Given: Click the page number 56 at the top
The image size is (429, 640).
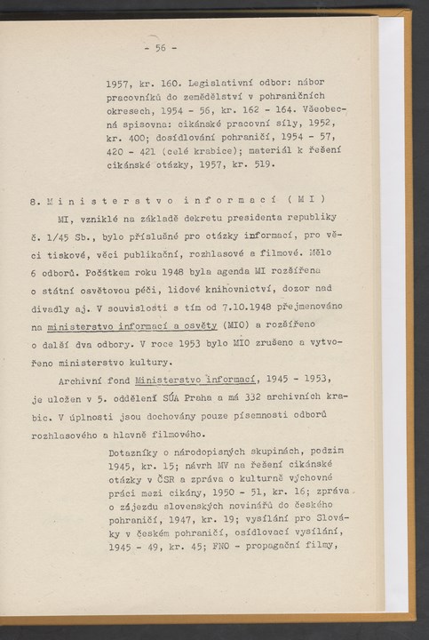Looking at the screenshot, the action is pyautogui.click(x=161, y=47).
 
